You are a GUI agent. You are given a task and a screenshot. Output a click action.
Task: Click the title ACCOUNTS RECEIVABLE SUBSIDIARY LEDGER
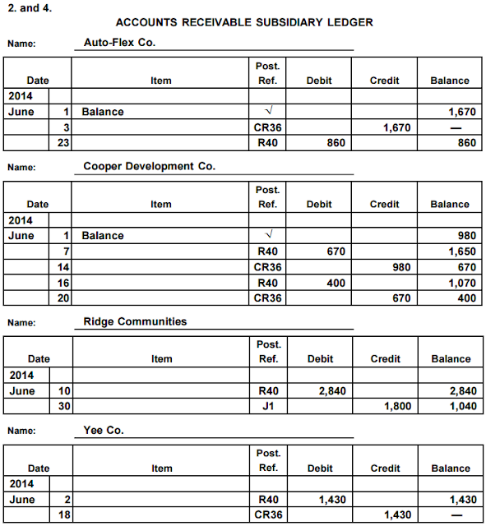pyautogui.click(x=244, y=22)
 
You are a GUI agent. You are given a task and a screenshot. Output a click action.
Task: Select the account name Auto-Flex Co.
pyautogui.click(x=120, y=42)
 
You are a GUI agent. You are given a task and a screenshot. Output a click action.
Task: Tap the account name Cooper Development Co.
pyautogui.click(x=149, y=166)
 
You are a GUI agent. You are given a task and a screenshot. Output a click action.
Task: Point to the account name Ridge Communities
pyautogui.click(x=135, y=321)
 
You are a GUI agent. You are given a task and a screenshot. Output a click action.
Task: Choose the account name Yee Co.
pyautogui.click(x=104, y=430)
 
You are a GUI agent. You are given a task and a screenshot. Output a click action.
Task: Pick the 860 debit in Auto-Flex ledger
pyautogui.click(x=335, y=143)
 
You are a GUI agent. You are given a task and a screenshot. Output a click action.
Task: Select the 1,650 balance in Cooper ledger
pyautogui.click(x=461, y=251)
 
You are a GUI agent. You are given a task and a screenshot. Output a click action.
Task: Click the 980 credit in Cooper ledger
pyautogui.click(x=402, y=267)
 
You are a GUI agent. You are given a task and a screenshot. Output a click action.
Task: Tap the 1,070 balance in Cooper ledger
pyautogui.click(x=461, y=283)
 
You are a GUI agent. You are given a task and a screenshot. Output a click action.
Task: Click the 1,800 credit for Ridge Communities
pyautogui.click(x=397, y=407)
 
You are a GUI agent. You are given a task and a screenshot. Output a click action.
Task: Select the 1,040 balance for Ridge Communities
pyautogui.click(x=462, y=407)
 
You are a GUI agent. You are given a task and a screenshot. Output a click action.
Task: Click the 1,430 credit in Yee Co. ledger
pyautogui.click(x=397, y=514)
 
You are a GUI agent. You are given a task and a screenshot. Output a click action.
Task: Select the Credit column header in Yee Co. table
pyautogui.click(x=385, y=468)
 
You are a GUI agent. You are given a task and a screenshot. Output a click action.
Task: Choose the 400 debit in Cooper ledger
pyautogui.click(x=336, y=283)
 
